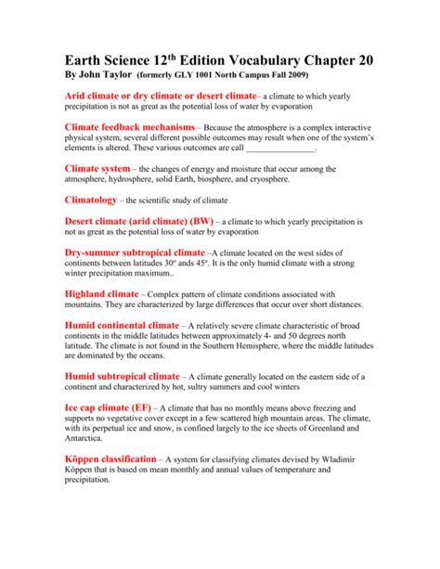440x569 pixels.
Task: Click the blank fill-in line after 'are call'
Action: (x=282, y=149)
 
